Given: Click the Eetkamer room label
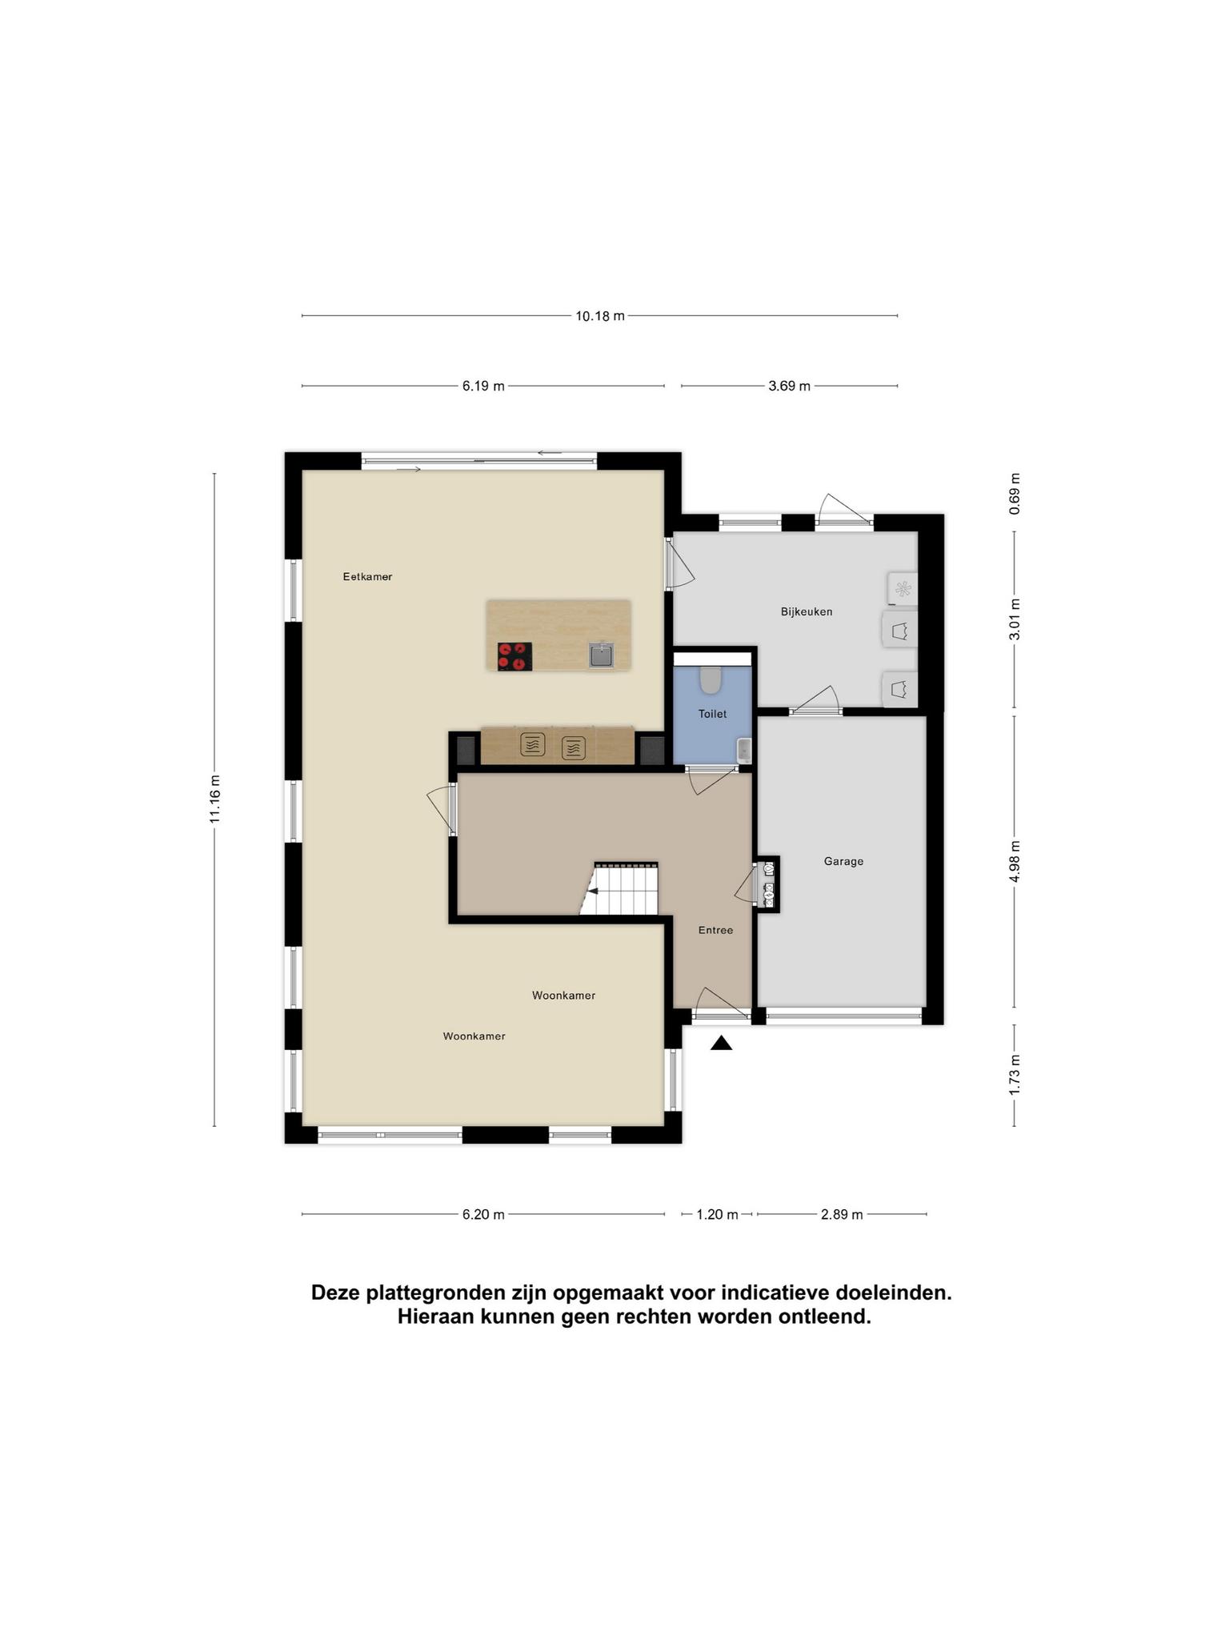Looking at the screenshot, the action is click(367, 576).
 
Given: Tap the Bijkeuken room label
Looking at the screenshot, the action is click(807, 611).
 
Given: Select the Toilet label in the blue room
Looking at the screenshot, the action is click(712, 714).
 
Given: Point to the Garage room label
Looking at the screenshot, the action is click(843, 861).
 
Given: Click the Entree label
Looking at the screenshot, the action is click(715, 930).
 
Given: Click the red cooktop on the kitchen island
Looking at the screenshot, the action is click(514, 656).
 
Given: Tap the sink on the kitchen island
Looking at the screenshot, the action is click(601, 655).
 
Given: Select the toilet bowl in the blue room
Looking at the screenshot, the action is click(711, 679).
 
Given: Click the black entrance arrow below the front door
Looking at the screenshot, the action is click(721, 1043).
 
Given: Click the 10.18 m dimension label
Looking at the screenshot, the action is click(600, 316).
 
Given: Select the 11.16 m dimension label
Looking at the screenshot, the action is click(214, 799).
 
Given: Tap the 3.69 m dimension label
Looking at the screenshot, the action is click(790, 387).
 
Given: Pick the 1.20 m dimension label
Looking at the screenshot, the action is click(717, 1214).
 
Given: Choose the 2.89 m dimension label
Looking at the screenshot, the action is click(842, 1214).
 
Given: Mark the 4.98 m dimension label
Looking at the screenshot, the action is click(1015, 861).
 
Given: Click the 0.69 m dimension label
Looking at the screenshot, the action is click(1015, 494).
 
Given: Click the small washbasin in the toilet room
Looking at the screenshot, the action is click(743, 750).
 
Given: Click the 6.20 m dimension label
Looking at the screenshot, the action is click(483, 1214).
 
